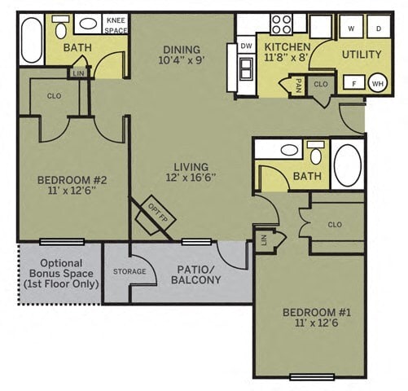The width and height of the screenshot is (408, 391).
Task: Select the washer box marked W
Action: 350,28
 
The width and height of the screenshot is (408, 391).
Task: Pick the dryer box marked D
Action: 378,28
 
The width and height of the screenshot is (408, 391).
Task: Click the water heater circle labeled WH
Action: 377,83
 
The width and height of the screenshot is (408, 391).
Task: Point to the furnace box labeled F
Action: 353,83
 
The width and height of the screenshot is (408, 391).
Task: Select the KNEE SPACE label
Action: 116,24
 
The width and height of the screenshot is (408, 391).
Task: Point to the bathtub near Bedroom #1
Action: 348,165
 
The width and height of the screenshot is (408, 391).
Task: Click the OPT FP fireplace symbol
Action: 155,211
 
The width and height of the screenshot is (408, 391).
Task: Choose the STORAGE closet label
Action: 129,271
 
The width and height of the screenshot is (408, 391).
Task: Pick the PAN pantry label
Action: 299,84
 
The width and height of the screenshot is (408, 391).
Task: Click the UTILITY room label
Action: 361,55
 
